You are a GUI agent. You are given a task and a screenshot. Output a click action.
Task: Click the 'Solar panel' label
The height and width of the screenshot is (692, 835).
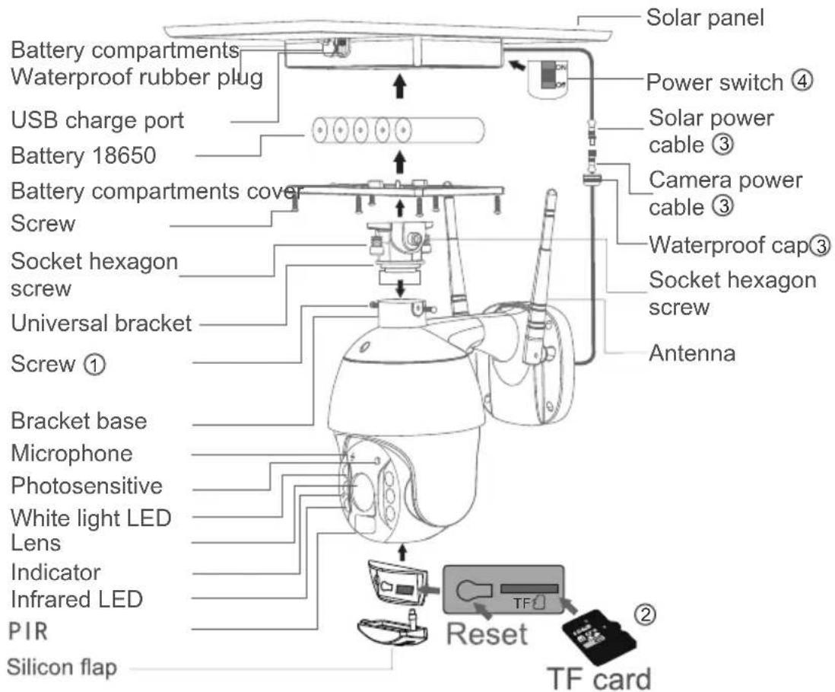(x=705, y=18)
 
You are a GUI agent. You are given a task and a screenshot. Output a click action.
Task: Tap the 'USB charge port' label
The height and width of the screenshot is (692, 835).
(x=97, y=120)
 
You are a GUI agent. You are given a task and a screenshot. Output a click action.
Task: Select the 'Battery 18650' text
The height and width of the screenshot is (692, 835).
(x=83, y=155)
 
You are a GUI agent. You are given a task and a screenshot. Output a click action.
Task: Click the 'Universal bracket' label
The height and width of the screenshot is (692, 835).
(x=101, y=323)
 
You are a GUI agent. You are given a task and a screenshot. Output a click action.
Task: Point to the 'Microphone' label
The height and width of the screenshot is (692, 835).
(x=72, y=453)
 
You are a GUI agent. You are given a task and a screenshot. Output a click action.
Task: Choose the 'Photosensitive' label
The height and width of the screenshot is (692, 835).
(x=87, y=486)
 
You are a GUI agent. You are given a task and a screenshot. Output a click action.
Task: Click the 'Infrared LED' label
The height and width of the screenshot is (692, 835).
(x=77, y=598)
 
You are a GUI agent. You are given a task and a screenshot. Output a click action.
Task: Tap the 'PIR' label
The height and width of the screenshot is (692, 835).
(x=29, y=632)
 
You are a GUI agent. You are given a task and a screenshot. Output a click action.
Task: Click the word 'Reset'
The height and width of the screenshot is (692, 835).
(x=487, y=634)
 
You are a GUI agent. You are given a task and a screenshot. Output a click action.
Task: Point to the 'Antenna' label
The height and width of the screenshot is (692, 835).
(x=692, y=353)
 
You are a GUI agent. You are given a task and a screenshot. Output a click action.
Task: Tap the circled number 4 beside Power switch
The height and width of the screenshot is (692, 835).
(x=802, y=81)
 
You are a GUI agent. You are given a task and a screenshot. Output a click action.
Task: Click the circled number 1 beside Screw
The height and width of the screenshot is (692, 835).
(x=95, y=365)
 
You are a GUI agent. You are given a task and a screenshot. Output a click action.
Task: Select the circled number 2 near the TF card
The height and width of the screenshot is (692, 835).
(x=645, y=615)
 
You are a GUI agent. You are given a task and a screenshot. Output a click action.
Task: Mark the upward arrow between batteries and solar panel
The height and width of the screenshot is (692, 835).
(x=401, y=86)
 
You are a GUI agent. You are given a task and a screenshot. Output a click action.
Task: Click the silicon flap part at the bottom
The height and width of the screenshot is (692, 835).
(x=393, y=629)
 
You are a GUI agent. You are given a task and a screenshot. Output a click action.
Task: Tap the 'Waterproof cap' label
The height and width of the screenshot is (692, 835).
(x=729, y=244)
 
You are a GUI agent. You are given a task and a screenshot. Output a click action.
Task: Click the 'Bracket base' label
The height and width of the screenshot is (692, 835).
(x=79, y=421)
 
